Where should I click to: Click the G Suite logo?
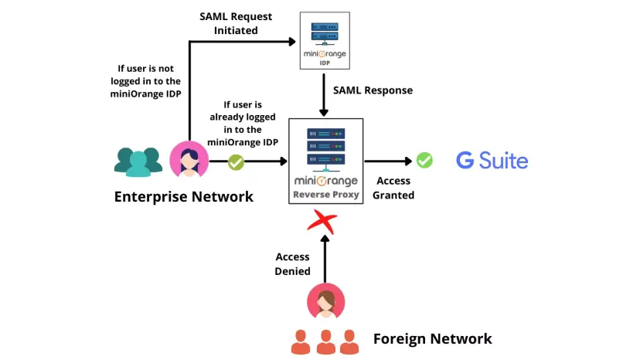pyautogui.click(x=492, y=161)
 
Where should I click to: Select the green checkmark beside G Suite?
pyautogui.click(x=424, y=161)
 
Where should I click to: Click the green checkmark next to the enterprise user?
pyautogui.click(x=236, y=162)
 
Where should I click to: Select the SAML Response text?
pyautogui.click(x=373, y=90)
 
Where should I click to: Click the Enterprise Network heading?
pyautogui.click(x=183, y=196)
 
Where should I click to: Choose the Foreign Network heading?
pyautogui.click(x=432, y=338)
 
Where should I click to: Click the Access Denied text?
pyautogui.click(x=293, y=263)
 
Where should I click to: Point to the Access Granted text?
pyautogui.click(x=393, y=188)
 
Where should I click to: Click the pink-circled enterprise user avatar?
pyautogui.click(x=189, y=160)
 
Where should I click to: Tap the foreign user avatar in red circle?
pyautogui.click(x=325, y=301)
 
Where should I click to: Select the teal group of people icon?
pyautogui.click(x=138, y=161)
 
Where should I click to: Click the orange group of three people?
pyautogui.click(x=325, y=341)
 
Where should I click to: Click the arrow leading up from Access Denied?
pyautogui.click(x=325, y=259)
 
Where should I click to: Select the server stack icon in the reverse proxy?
pyautogui.click(x=325, y=147)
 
